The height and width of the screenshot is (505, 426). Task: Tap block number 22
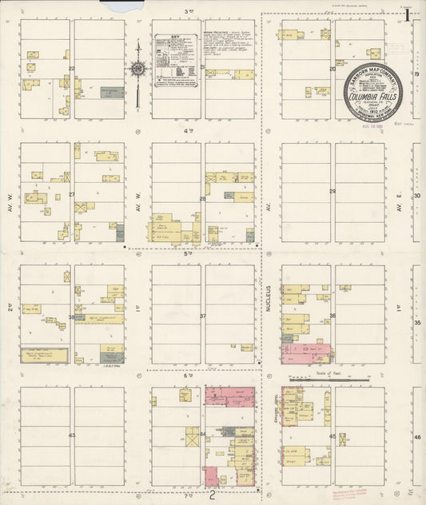(x=72, y=69)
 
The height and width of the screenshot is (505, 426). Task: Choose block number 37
(x=203, y=316)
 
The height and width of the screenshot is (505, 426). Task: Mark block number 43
(x=72, y=435)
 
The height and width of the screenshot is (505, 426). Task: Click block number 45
(x=332, y=436)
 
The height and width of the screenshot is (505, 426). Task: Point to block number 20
(x=332, y=70)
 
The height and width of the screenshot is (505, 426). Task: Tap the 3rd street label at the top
(x=190, y=11)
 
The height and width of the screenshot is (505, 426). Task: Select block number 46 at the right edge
(x=417, y=438)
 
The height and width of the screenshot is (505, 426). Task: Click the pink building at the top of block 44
(x=230, y=396)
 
